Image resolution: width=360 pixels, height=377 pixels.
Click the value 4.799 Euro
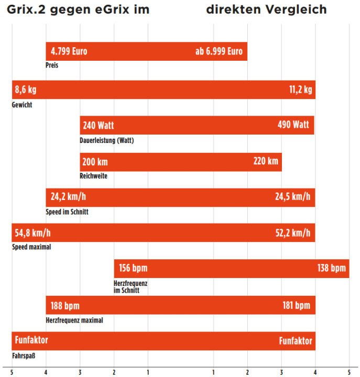(x=69, y=51)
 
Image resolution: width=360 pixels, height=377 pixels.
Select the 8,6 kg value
(x=26, y=90)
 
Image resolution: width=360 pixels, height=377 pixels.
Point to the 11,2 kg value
(x=300, y=90)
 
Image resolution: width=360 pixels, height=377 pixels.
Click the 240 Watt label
(x=98, y=125)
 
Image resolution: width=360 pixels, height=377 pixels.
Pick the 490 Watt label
(x=293, y=125)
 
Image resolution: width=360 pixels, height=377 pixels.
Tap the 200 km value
(x=95, y=161)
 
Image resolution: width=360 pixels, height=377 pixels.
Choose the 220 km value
(x=266, y=161)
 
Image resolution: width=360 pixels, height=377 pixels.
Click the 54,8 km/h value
(x=33, y=232)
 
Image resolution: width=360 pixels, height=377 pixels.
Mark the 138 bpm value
(x=332, y=269)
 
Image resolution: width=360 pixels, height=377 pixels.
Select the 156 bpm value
(x=133, y=269)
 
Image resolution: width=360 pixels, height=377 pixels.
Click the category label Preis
(x=52, y=65)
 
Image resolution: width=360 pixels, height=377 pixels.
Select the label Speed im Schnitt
(x=68, y=212)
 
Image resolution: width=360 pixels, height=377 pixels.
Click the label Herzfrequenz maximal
(x=74, y=320)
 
